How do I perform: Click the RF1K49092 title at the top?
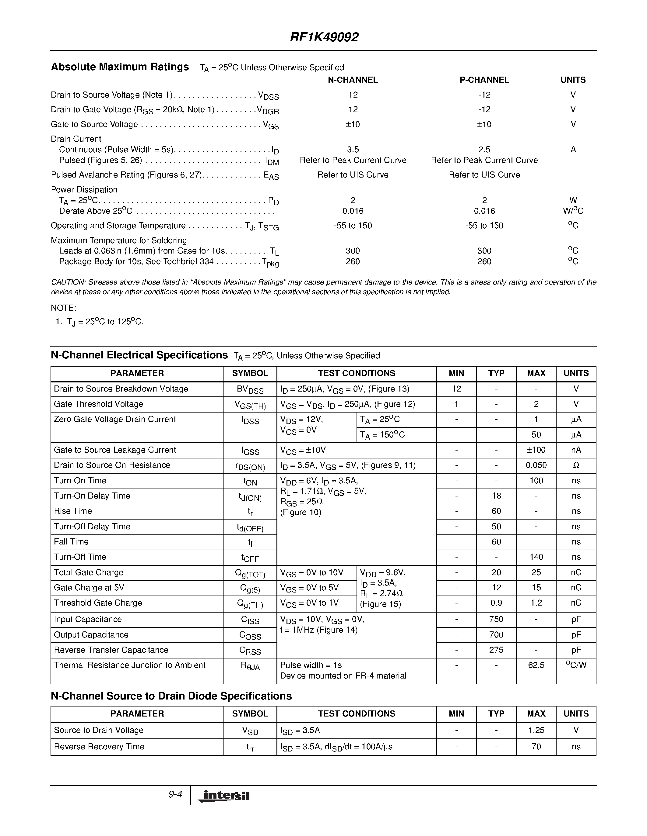324,37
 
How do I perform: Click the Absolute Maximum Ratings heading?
120,67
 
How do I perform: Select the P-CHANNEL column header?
484,80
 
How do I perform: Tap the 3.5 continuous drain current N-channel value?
353,150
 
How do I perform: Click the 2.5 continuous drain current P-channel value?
484,150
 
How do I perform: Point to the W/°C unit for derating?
573,211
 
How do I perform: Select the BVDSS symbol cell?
250,389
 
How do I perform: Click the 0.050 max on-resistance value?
536,465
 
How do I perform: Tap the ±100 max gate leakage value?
536,450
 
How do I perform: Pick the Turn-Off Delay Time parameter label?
92,527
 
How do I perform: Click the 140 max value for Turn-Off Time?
536,557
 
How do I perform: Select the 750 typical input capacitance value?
496,619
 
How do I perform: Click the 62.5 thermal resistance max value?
536,665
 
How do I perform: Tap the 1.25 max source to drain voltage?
536,730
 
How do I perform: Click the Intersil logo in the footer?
223,796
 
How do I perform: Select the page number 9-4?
175,795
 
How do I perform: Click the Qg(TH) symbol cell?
250,604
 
